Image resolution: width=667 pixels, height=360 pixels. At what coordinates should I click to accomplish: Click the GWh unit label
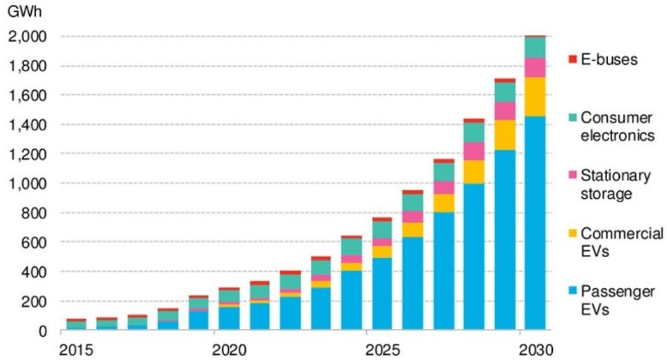tap(25, 11)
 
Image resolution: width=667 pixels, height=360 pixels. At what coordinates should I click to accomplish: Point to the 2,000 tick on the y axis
tap(27, 37)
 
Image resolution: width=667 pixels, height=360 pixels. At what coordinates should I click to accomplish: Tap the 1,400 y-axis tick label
tap(27, 125)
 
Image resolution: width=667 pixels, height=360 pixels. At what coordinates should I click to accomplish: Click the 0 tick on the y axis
tap(42, 331)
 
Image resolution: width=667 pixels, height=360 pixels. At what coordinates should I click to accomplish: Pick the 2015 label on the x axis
tap(76, 351)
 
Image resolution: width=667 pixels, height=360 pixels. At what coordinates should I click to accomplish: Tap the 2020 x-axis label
tap(229, 351)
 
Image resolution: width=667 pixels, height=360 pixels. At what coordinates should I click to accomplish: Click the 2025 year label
tap(383, 351)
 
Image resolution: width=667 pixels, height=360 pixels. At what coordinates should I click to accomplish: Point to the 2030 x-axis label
tap(537, 351)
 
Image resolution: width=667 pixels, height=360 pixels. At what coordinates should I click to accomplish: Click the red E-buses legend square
tap(573, 59)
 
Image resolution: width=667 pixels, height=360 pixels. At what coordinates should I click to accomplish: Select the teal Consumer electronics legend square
tap(573, 117)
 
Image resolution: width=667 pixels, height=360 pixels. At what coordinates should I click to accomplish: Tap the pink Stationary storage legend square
tap(573, 175)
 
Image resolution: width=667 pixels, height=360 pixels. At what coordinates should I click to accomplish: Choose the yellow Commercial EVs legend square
tap(573, 233)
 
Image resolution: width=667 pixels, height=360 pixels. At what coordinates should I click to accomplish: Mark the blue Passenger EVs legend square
tap(573, 291)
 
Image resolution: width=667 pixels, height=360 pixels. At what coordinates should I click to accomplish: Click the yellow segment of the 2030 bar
tap(535, 97)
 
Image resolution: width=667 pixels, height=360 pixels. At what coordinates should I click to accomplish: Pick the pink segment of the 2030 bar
tap(535, 68)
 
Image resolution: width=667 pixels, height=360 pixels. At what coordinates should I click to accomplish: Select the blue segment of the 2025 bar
tap(382, 294)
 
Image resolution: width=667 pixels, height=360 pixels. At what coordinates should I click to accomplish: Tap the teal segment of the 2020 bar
tap(229, 297)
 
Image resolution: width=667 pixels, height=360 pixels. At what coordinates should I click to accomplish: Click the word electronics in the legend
tap(617, 135)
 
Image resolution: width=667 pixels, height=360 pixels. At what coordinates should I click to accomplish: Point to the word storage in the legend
tap(607, 194)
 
